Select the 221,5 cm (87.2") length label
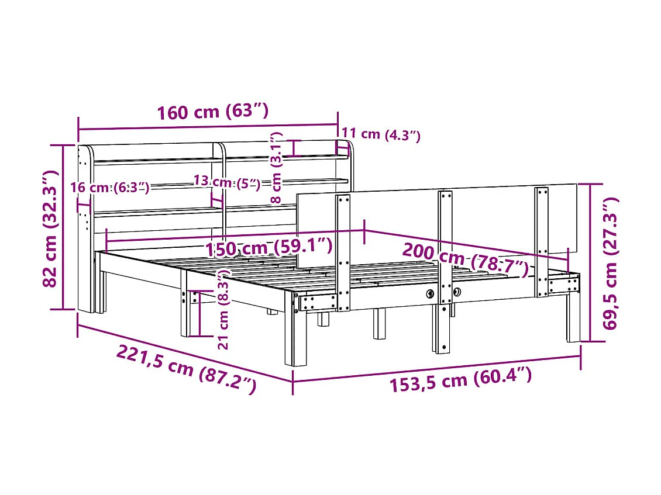[x=186, y=369]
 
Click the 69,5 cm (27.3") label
[x=611, y=263]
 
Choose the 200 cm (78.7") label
[x=465, y=261]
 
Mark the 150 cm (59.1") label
[x=268, y=247]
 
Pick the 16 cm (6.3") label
[x=109, y=187]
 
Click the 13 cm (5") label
[x=226, y=182]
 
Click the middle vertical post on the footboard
[x=445, y=245]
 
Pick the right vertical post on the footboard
[x=542, y=240]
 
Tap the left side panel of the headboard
[x=85, y=228]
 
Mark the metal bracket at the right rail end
[x=564, y=285]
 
